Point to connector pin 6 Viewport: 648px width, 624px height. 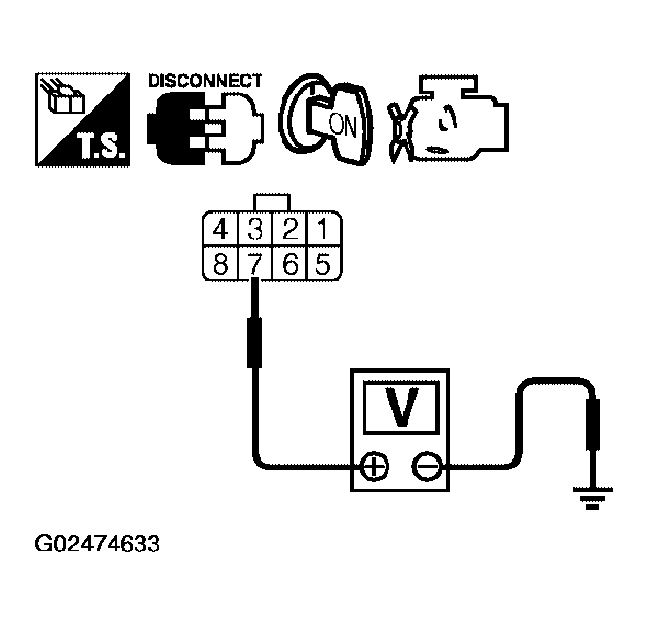tap(292, 263)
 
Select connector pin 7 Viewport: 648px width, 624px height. tap(256, 263)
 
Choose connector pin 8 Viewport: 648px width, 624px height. tap(220, 263)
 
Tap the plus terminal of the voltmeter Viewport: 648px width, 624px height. tap(374, 467)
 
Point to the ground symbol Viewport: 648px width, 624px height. tap(593, 495)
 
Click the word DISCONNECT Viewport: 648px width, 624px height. tap(204, 81)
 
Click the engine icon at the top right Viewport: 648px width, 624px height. tap(449, 122)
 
